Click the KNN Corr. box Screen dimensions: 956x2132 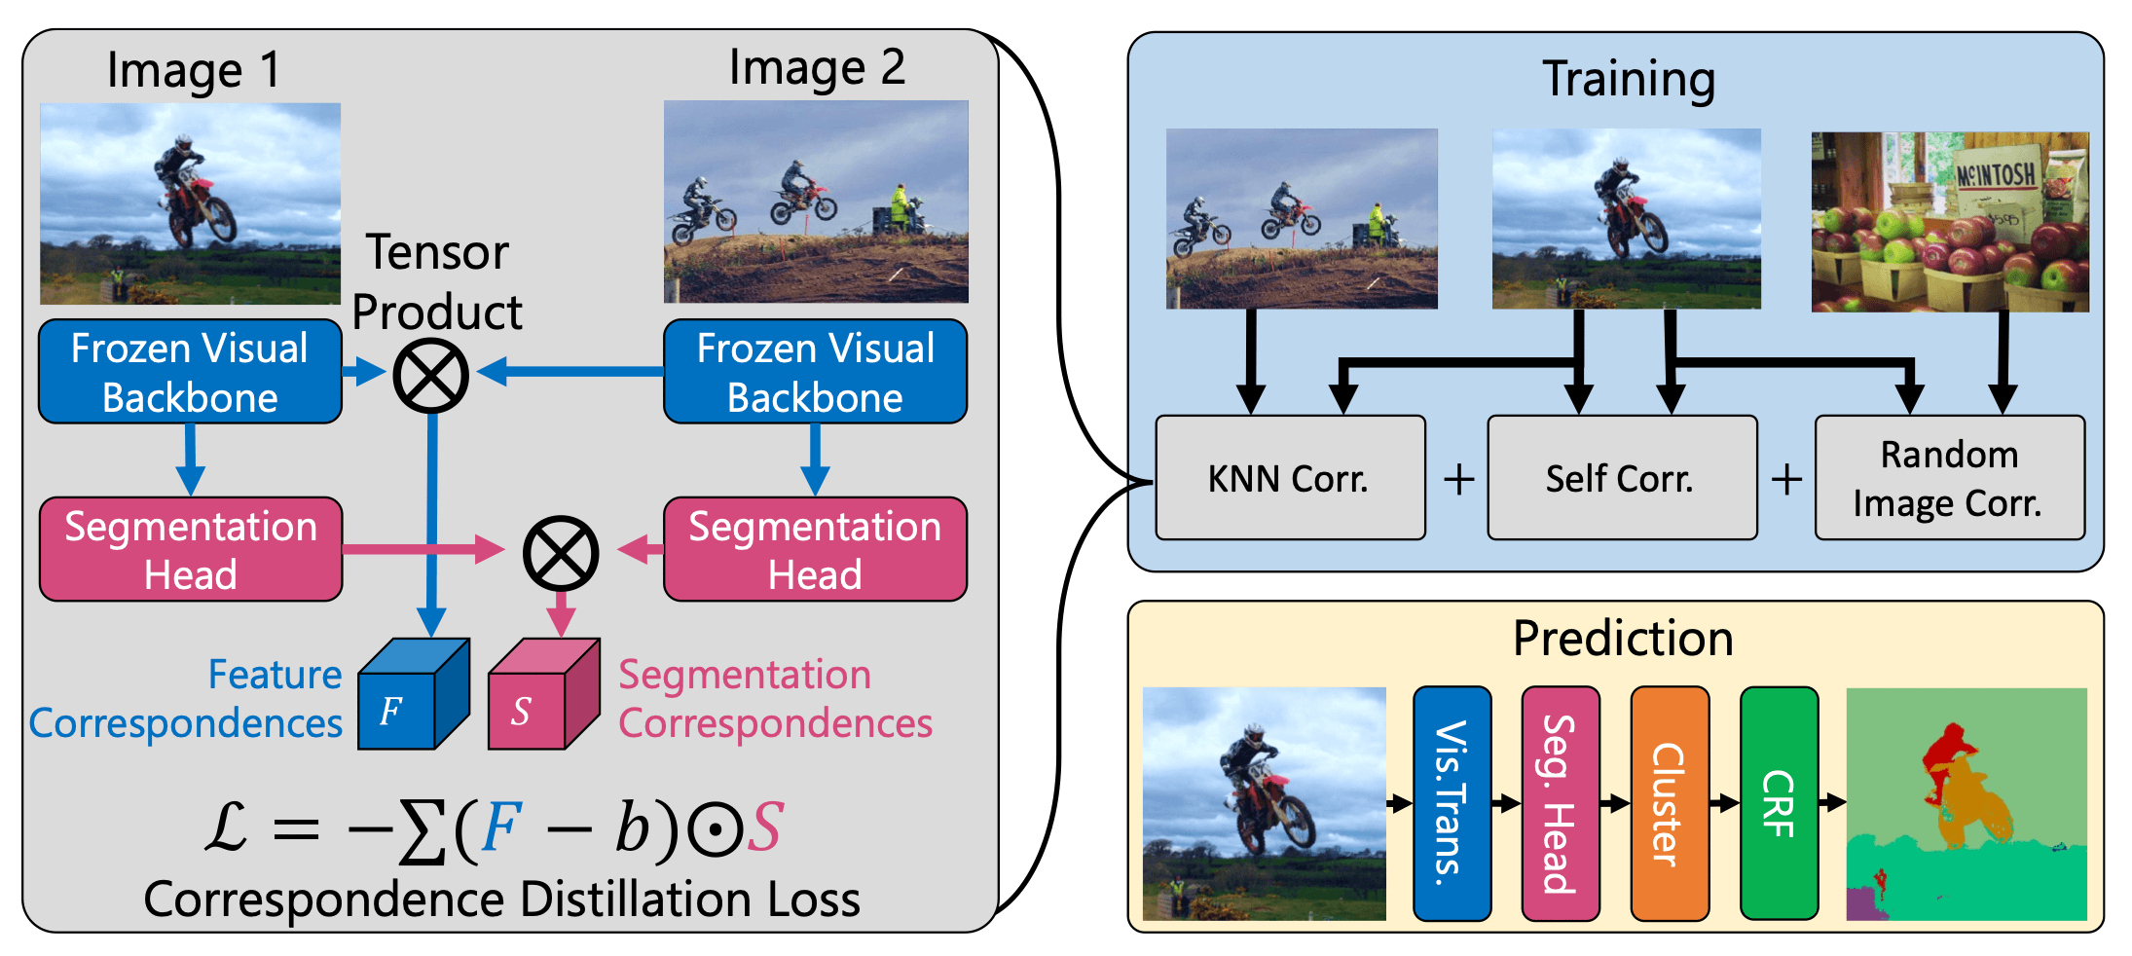coord(1290,478)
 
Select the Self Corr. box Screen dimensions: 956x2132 coord(1622,478)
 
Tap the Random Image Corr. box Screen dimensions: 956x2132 coord(1949,478)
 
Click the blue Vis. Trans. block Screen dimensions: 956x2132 coord(1452,803)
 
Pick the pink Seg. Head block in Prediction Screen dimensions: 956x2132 coord(1560,803)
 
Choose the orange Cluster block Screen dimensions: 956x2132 coord(1669,803)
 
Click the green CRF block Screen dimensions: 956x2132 coord(1779,803)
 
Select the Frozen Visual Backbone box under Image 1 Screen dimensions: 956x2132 coord(190,372)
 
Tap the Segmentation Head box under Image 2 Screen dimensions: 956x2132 coord(815,550)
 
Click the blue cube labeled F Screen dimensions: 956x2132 coord(409,697)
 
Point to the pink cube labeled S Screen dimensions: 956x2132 coord(540,697)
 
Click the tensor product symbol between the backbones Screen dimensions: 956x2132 coord(430,376)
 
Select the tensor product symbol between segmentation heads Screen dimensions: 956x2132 coord(560,552)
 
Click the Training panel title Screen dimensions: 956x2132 coord(1629,80)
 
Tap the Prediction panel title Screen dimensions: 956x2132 coord(1623,640)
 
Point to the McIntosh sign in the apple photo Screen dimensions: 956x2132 coord(1996,175)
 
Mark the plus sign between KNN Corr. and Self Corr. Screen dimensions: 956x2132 coord(1458,479)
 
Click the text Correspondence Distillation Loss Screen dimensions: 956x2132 coord(501,900)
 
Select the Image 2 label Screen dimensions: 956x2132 coord(817,68)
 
